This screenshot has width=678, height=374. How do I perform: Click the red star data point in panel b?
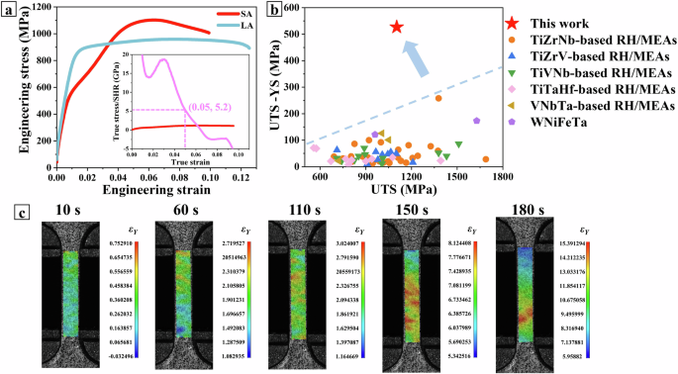pyautogui.click(x=396, y=28)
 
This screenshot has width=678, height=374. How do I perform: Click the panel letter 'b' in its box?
pyautogui.click(x=273, y=9)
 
